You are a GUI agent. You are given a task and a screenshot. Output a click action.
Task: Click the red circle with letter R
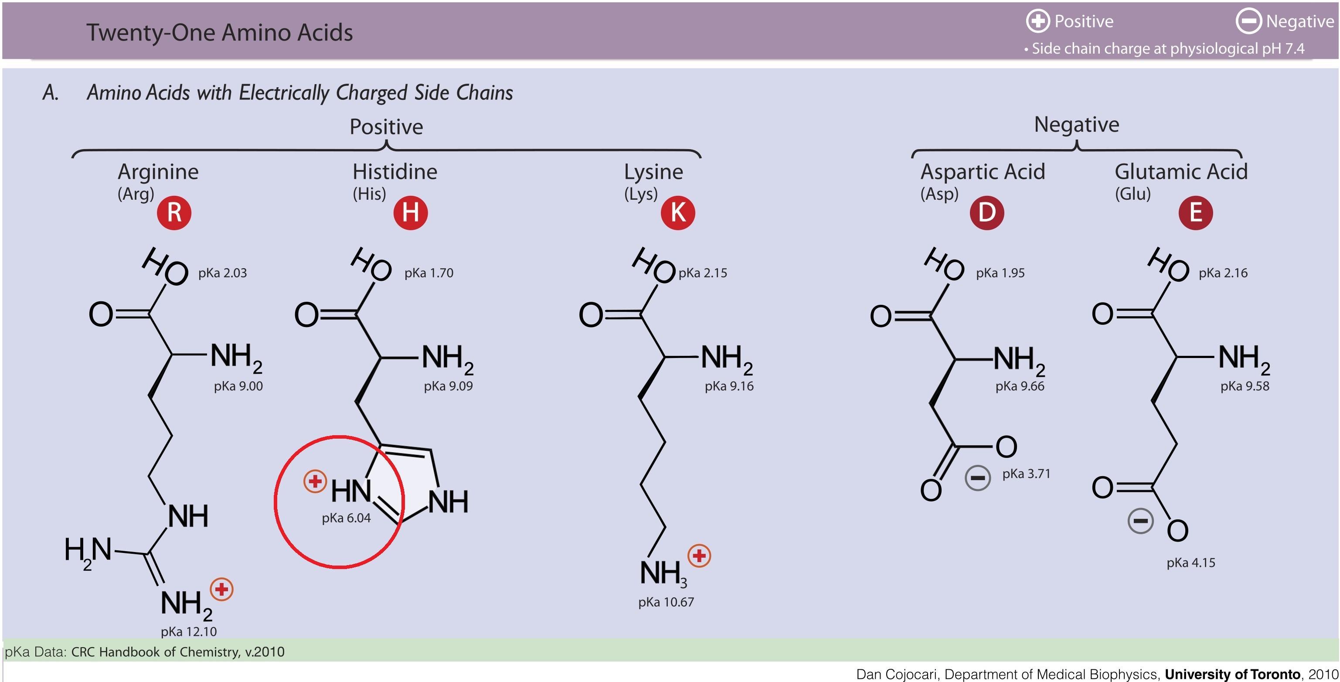coord(174,213)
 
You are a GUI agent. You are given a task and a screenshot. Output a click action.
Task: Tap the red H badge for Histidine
coord(411,213)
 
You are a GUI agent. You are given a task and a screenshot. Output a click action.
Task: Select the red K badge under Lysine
coord(678,213)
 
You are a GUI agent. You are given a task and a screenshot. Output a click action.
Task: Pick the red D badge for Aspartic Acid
coord(986,213)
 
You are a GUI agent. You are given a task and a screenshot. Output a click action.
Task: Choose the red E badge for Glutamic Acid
coord(1195,213)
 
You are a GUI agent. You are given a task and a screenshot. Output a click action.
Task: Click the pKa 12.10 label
coord(188,631)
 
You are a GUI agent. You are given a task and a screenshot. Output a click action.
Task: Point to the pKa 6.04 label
coord(346,518)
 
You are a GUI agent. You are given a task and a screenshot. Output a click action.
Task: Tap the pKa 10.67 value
coord(666,602)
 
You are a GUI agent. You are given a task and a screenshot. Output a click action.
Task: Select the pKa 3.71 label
coord(1026,474)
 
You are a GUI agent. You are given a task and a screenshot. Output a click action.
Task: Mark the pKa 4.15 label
coord(1191,563)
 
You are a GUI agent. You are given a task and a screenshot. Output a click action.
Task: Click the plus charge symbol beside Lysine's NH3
coord(699,556)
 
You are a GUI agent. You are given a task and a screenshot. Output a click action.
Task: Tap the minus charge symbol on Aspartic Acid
coord(977,477)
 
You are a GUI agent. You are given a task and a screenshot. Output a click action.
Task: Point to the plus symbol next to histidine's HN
coord(315,481)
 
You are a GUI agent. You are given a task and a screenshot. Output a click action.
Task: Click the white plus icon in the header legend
coord(1037,21)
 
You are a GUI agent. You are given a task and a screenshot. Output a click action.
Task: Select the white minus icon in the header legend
coord(1248,21)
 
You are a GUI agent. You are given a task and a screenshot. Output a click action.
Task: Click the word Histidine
coord(395,172)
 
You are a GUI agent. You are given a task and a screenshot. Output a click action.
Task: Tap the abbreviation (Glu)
coord(1133,194)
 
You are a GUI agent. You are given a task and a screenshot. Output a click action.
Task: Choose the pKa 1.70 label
coord(429,273)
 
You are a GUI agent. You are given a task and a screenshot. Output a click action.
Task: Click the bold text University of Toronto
coord(1232,674)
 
